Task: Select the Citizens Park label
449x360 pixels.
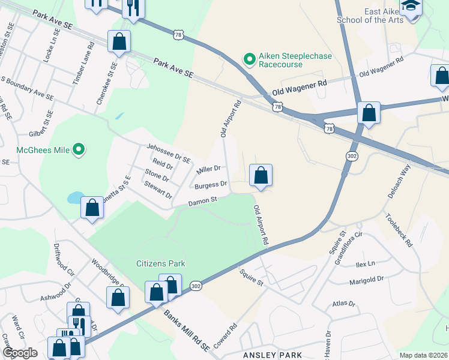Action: (x=160, y=263)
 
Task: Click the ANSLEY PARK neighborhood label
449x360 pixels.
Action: (x=271, y=355)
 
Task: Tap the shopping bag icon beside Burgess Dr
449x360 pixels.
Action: (x=261, y=176)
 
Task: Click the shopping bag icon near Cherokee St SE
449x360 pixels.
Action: (x=119, y=43)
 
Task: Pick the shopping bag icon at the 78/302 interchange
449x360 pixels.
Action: (x=368, y=113)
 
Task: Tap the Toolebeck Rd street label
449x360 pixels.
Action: (x=400, y=230)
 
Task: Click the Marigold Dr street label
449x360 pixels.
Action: (x=366, y=280)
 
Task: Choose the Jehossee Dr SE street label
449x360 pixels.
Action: (x=168, y=153)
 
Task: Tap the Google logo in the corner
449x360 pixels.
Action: (x=20, y=353)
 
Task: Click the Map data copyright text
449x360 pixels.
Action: (x=423, y=355)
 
